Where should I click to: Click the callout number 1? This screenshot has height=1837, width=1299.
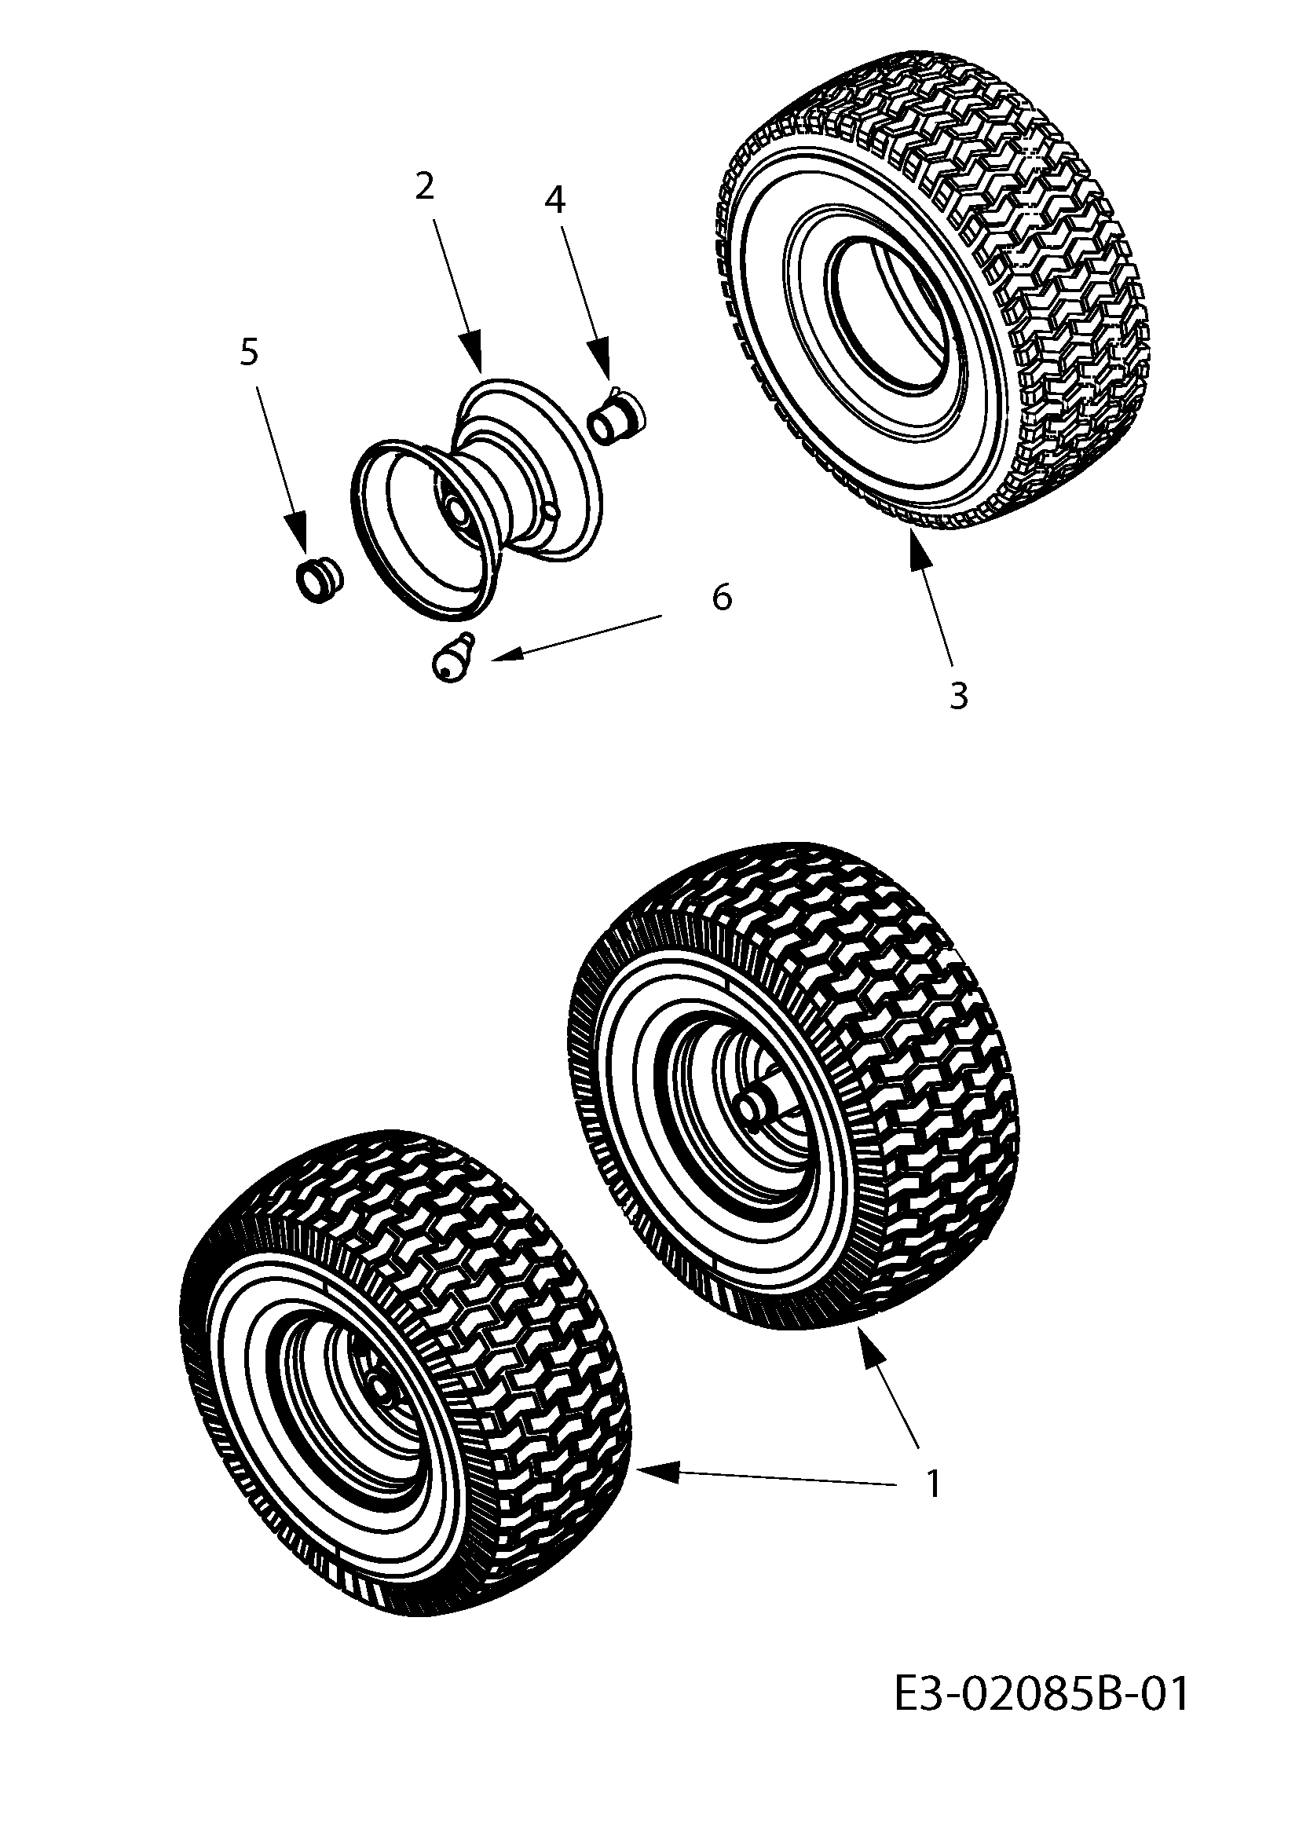point(933,1485)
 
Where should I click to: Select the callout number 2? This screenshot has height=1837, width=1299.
point(425,186)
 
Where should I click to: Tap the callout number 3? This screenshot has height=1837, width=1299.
point(958,696)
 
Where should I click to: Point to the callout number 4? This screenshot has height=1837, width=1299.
point(554,200)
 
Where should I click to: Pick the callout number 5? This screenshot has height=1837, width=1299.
point(250,351)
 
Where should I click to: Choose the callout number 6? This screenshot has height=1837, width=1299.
point(722,597)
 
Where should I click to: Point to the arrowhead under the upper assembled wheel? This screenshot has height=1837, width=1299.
point(871,1350)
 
